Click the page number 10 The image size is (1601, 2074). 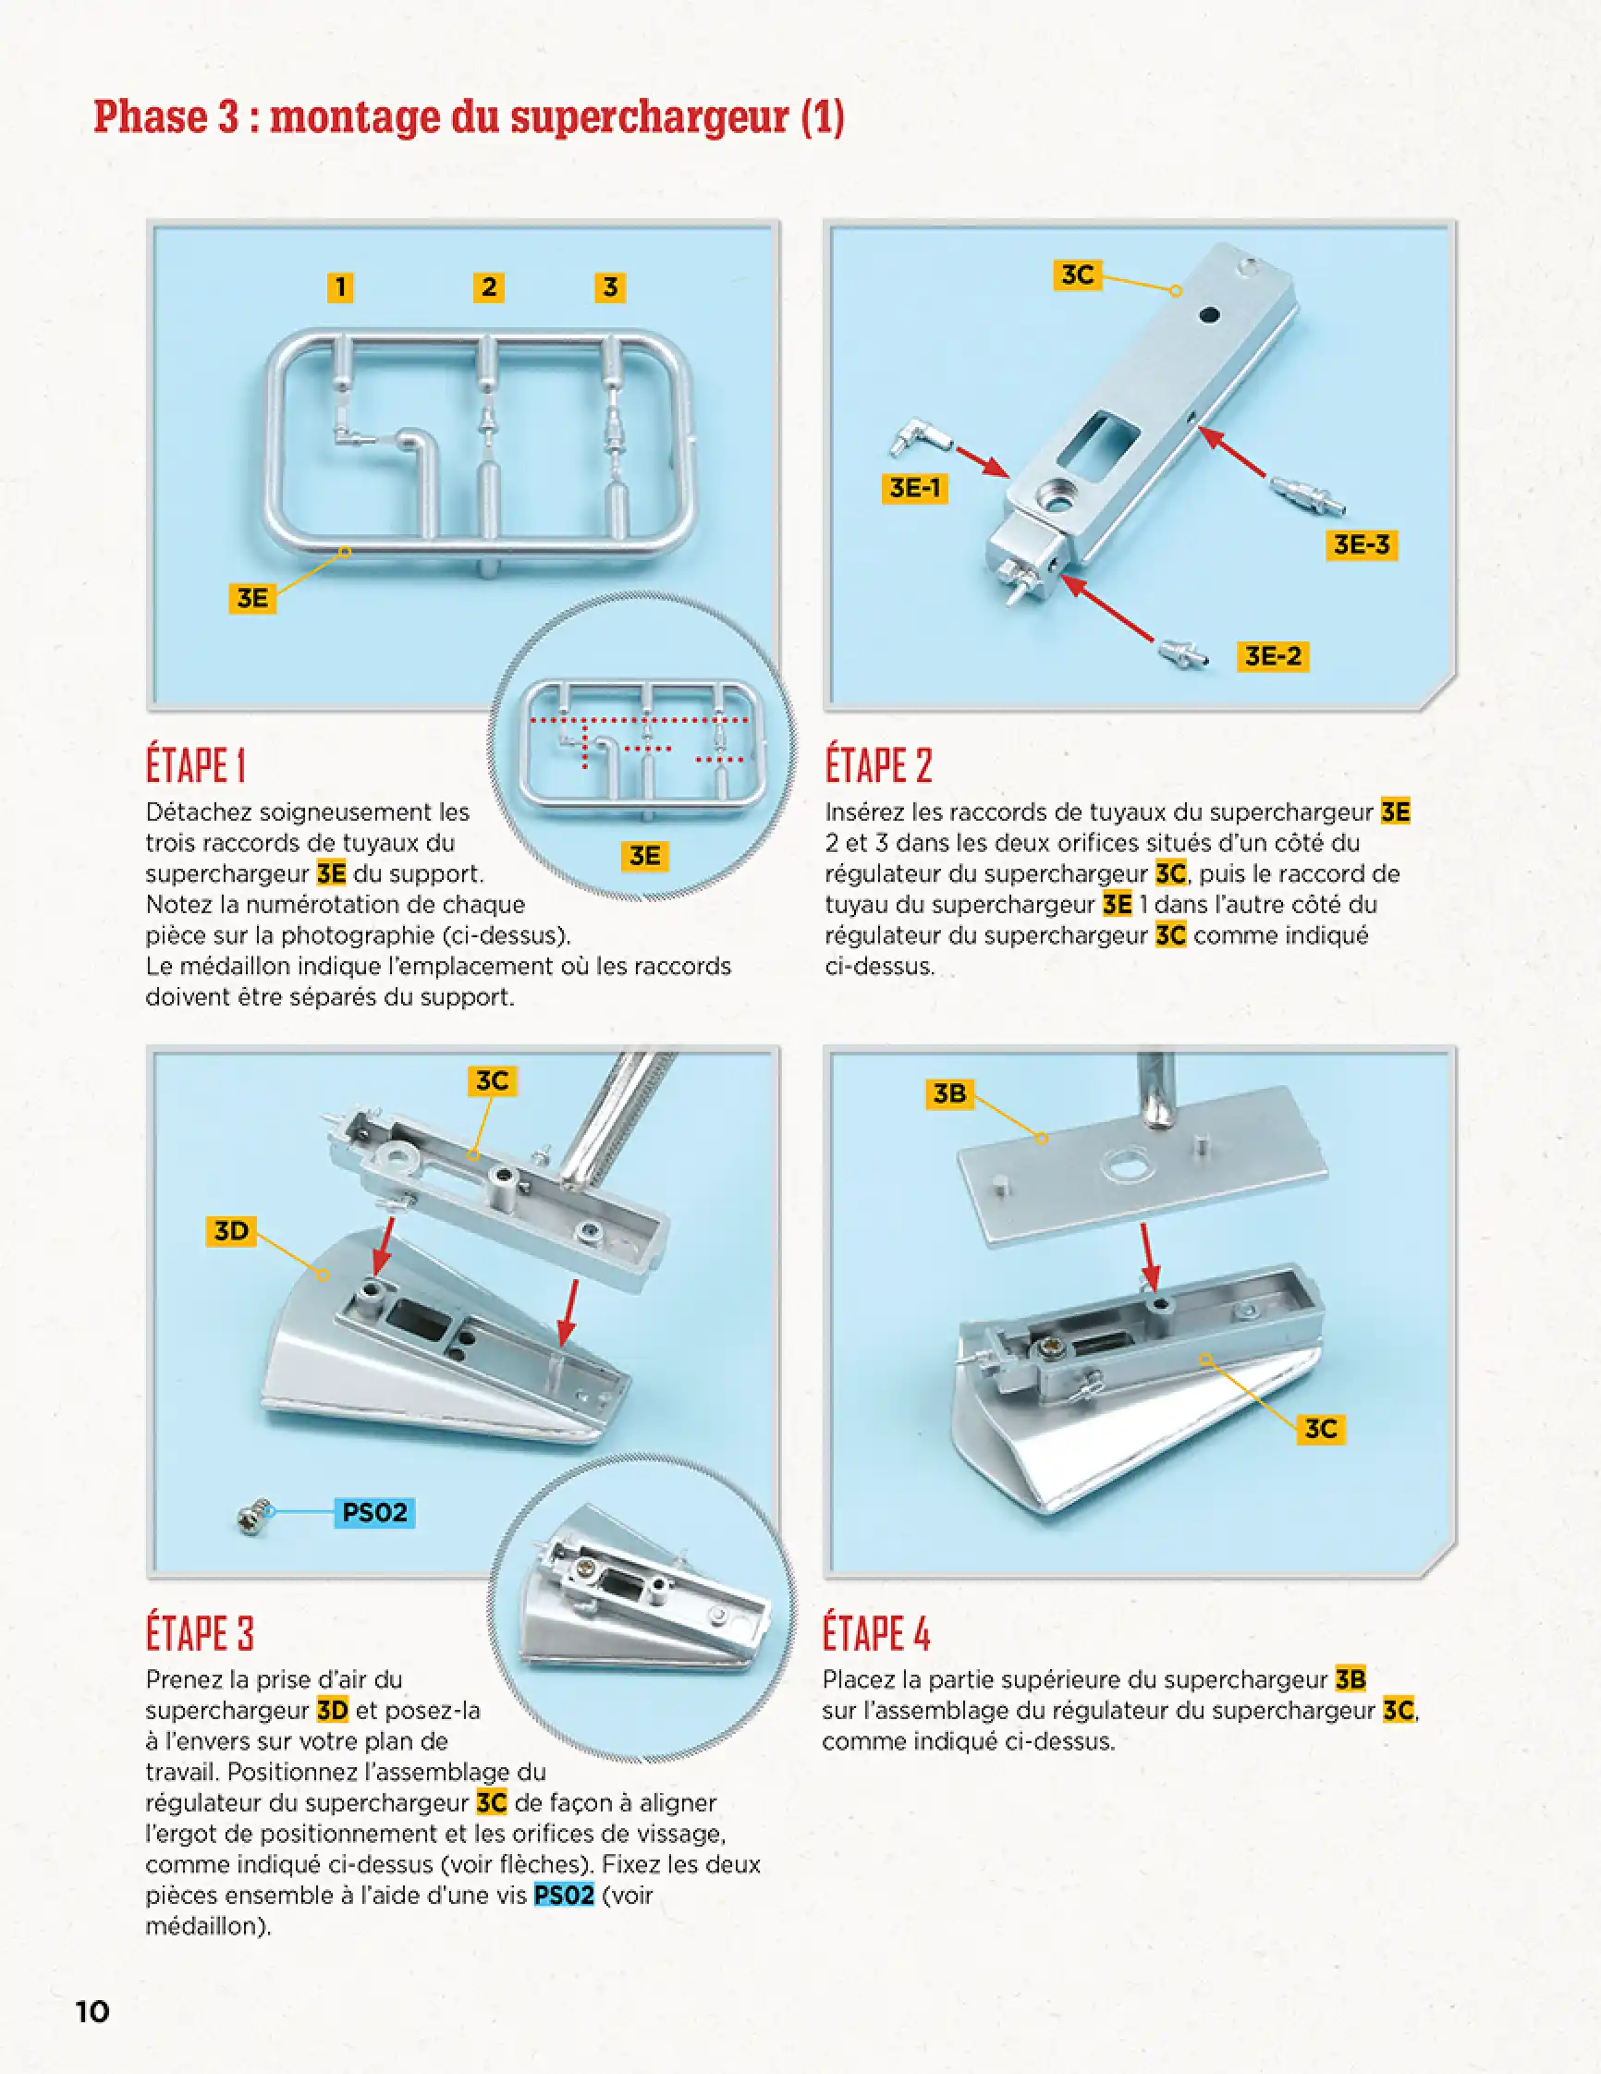click(92, 2010)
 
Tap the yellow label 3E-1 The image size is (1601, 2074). click(913, 488)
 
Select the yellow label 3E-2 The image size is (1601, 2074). click(1273, 656)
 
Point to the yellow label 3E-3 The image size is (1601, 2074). click(1361, 545)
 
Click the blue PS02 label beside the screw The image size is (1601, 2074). click(374, 1512)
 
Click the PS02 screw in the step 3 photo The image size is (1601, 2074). click(253, 1516)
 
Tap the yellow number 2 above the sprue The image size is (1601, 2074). click(488, 287)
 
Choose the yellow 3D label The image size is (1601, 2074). click(231, 1231)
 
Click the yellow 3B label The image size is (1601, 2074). click(948, 1094)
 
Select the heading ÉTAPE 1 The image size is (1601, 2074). click(196, 765)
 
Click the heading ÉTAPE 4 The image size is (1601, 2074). click(875, 1633)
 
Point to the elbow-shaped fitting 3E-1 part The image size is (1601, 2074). click(915, 438)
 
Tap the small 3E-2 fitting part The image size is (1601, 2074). click(1182, 653)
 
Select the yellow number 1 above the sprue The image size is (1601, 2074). click(340, 287)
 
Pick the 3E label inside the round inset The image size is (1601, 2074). click(645, 856)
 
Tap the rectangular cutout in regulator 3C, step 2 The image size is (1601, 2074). click(1098, 439)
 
